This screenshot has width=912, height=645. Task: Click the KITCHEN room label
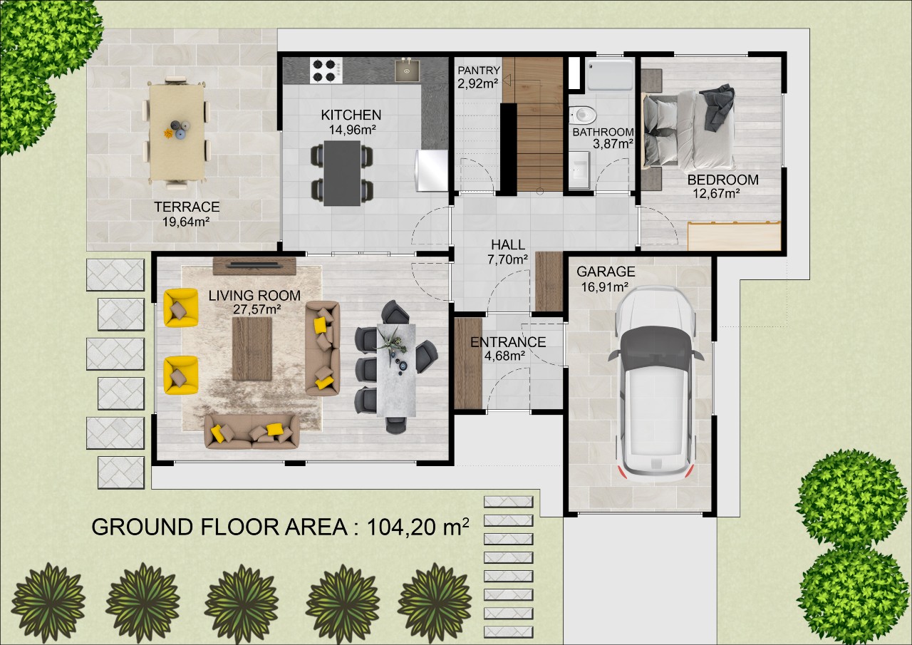tap(351, 115)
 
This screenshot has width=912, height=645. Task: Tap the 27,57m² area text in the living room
tap(257, 309)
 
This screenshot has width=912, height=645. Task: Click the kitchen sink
tap(407, 71)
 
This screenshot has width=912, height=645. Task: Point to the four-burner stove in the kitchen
tap(326, 71)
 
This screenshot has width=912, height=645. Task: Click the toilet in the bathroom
tap(583, 115)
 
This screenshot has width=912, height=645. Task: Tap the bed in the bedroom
tap(689, 130)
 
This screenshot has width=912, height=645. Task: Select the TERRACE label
tap(187, 207)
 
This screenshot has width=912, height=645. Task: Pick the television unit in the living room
tap(254, 267)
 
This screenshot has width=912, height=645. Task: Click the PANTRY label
tap(479, 71)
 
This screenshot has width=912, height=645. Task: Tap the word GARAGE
tap(606, 272)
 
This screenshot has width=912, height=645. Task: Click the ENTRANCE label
tap(508, 342)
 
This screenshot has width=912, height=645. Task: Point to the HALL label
tap(508, 244)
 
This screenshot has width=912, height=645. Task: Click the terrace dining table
tap(177, 132)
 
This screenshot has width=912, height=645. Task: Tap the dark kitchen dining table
tap(342, 173)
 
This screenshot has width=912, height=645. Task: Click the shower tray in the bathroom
tap(610, 74)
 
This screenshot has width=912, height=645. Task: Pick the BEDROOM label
tap(722, 180)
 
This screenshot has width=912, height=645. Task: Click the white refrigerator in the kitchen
tap(432, 170)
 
